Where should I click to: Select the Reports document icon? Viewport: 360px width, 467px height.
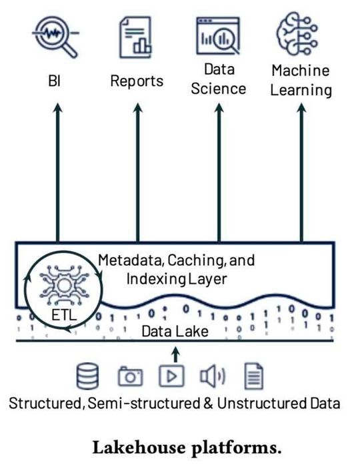136,36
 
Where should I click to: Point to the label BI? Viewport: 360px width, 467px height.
57,82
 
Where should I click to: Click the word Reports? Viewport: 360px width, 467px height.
137,81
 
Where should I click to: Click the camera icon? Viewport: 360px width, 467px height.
130,377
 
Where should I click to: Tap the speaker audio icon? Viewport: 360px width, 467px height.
212,377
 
